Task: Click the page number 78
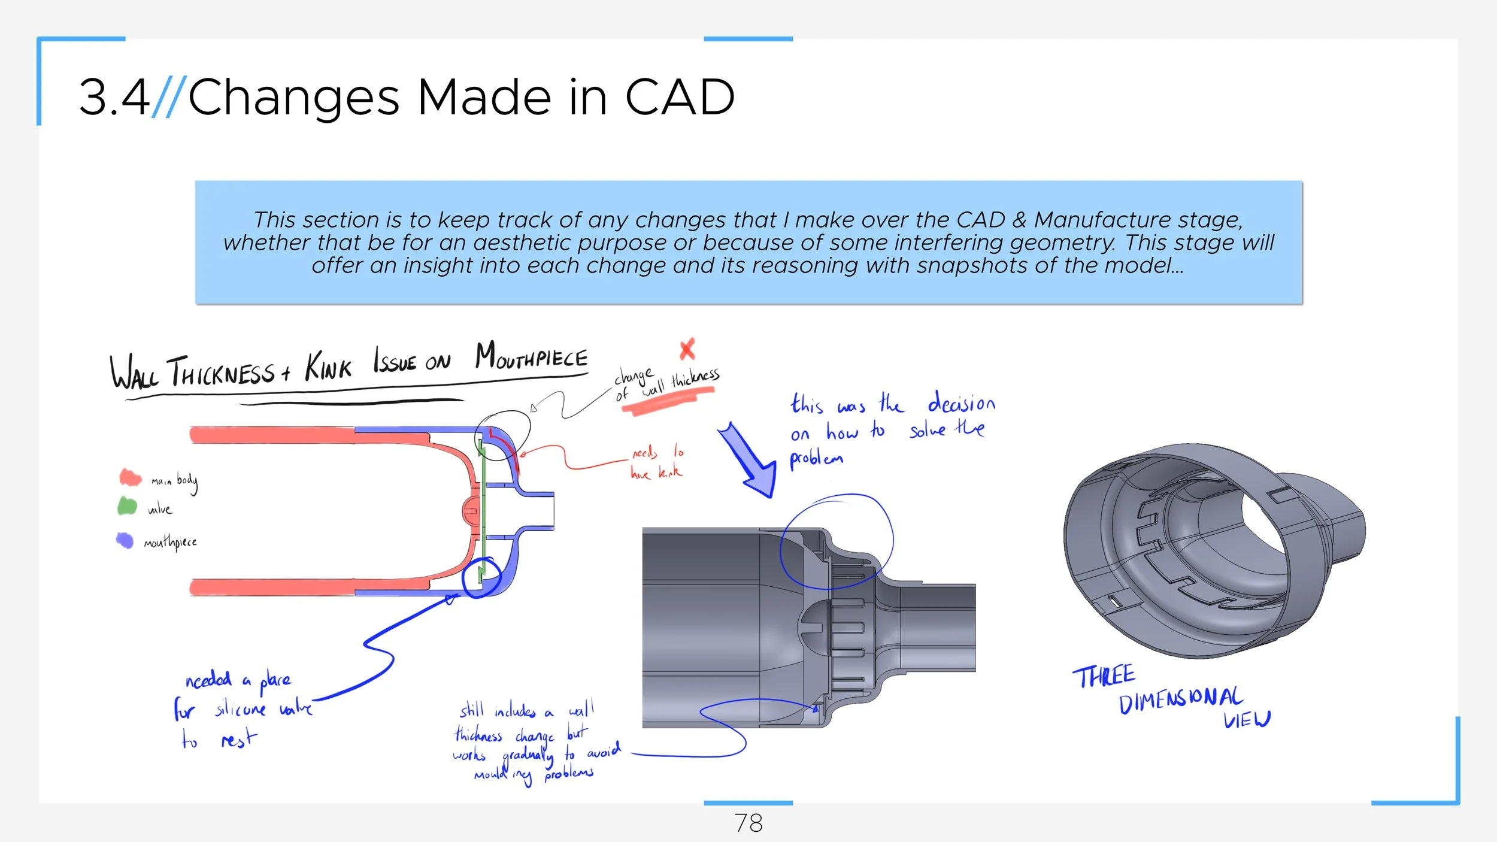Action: click(x=748, y=823)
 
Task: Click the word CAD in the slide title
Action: click(x=679, y=97)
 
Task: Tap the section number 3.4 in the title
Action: click(x=114, y=97)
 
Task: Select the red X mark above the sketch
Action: click(x=687, y=349)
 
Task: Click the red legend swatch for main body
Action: click(x=130, y=477)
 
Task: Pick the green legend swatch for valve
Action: click(x=127, y=506)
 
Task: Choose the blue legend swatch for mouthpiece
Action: click(x=125, y=540)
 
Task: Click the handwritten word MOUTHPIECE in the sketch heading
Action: click(x=531, y=357)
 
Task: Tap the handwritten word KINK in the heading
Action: click(x=328, y=367)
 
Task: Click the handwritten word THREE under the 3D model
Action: click(x=1103, y=677)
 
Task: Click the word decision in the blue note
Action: click(x=961, y=404)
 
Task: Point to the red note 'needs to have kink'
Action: click(x=657, y=462)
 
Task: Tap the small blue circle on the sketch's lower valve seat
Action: click(x=481, y=578)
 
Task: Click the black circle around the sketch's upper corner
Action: click(x=503, y=435)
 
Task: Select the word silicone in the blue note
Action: click(x=240, y=710)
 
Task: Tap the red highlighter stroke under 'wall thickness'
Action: click(x=668, y=400)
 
